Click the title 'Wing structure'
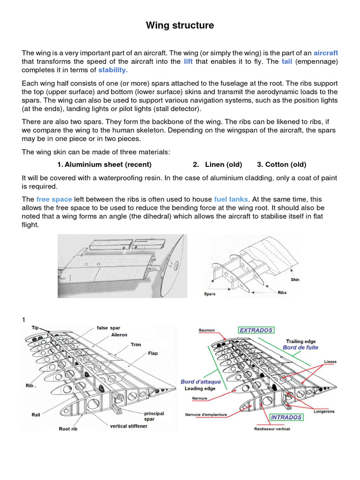(x=180, y=25)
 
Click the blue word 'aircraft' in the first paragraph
(x=325, y=53)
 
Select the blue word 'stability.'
(x=113, y=70)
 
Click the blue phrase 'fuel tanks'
(x=232, y=199)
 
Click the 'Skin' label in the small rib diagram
(x=295, y=279)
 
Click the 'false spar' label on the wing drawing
(x=109, y=328)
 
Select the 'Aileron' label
(x=119, y=335)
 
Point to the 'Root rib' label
(x=68, y=428)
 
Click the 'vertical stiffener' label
(x=128, y=426)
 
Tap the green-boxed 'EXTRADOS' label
(x=256, y=330)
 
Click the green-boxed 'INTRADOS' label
(x=286, y=417)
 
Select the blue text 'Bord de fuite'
(x=300, y=347)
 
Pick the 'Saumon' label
(x=207, y=330)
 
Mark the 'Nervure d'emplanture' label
(x=206, y=414)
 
